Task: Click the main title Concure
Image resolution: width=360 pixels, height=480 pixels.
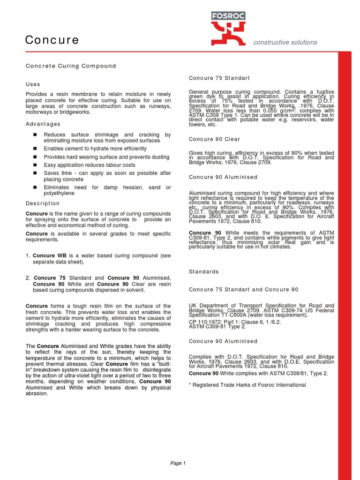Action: (52, 40)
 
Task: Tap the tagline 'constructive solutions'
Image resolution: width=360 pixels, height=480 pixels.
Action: (285, 43)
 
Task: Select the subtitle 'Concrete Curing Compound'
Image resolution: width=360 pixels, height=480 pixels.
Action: (70, 66)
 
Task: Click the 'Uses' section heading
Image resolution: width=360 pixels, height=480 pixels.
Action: (33, 84)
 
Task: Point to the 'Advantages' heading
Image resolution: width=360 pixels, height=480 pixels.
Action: (43, 124)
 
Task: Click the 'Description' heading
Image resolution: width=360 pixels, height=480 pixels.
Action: (43, 203)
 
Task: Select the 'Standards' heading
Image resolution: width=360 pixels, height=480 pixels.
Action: (203, 272)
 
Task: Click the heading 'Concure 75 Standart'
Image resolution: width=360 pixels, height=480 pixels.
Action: (219, 78)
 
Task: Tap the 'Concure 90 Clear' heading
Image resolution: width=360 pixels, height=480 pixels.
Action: (215, 139)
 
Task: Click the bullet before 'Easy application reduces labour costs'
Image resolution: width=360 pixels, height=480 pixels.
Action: (35, 165)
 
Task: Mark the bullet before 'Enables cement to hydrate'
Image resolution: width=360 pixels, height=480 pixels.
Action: (35, 149)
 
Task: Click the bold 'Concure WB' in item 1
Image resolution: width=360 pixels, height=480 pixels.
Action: (49, 255)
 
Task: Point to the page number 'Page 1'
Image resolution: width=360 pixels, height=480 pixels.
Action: (178, 464)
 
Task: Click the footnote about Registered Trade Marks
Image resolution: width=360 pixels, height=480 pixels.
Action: (247, 385)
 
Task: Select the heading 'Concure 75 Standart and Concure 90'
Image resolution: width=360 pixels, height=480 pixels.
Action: (243, 290)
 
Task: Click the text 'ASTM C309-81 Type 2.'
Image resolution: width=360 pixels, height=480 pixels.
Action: (217, 326)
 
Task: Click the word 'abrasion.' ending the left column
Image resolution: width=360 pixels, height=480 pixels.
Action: (37, 394)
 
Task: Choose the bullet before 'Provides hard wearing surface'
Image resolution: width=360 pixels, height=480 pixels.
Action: (35, 157)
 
